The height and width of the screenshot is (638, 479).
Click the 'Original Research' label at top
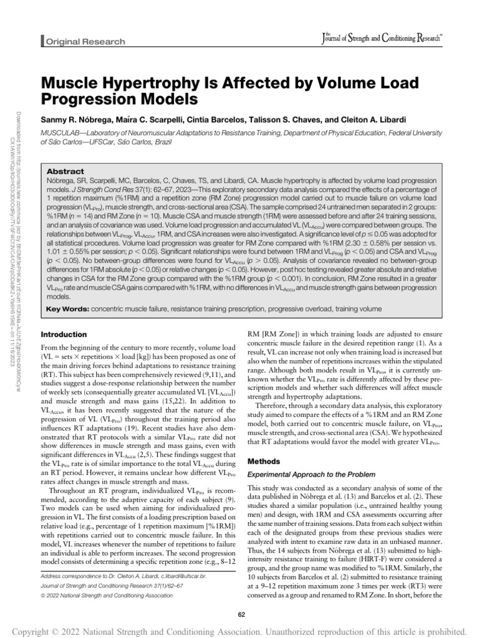point(84,42)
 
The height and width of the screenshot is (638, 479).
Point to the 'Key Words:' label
point(69,308)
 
